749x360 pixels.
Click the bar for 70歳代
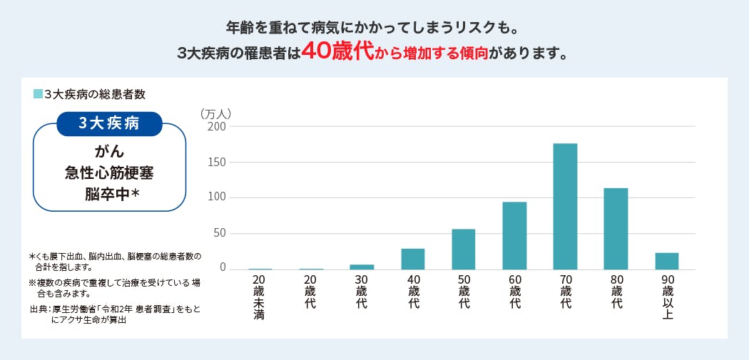point(565,206)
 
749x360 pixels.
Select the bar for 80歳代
point(616,228)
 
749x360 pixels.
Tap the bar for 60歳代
point(514,235)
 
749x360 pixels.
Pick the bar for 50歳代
point(463,249)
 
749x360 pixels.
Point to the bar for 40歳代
point(412,259)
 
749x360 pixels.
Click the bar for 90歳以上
point(666,261)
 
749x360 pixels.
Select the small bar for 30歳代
point(362,267)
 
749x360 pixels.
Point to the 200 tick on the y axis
point(217,127)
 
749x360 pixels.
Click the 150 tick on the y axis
point(217,163)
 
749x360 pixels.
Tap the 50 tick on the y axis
point(220,233)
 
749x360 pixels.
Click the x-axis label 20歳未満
point(259,296)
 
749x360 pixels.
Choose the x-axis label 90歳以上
point(668,296)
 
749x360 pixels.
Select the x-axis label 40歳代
point(413,291)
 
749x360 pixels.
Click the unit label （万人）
point(216,113)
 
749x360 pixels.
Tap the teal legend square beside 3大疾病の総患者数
point(38,93)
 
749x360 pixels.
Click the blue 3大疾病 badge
point(109,123)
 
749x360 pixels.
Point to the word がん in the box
point(109,151)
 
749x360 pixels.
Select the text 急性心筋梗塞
point(109,172)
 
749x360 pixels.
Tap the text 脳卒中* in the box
point(111,192)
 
